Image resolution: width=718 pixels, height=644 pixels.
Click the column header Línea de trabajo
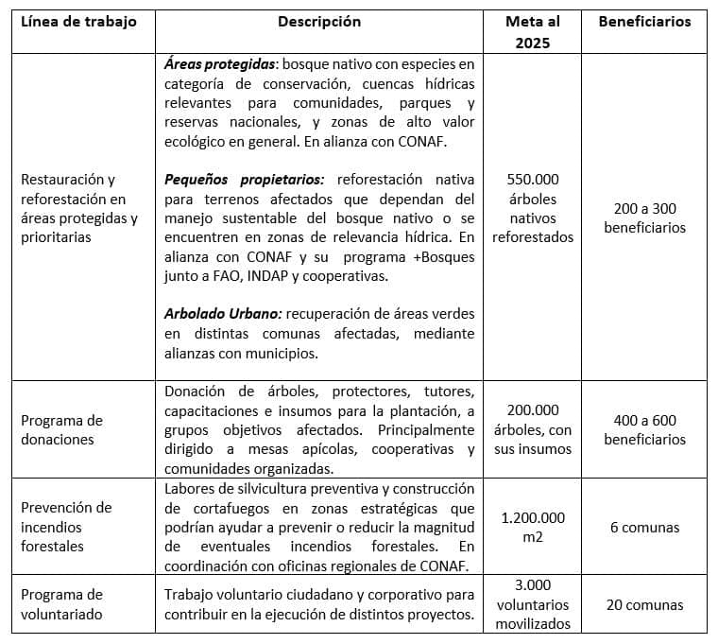(x=78, y=22)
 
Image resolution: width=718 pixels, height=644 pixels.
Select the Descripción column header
(x=319, y=22)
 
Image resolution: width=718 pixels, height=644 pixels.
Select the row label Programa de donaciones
(x=62, y=429)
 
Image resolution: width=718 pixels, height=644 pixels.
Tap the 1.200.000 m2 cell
(x=533, y=527)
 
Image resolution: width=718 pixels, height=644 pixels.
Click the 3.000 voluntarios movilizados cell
(x=533, y=604)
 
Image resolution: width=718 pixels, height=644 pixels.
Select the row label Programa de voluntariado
(x=62, y=604)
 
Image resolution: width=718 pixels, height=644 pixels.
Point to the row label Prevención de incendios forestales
(x=66, y=527)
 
